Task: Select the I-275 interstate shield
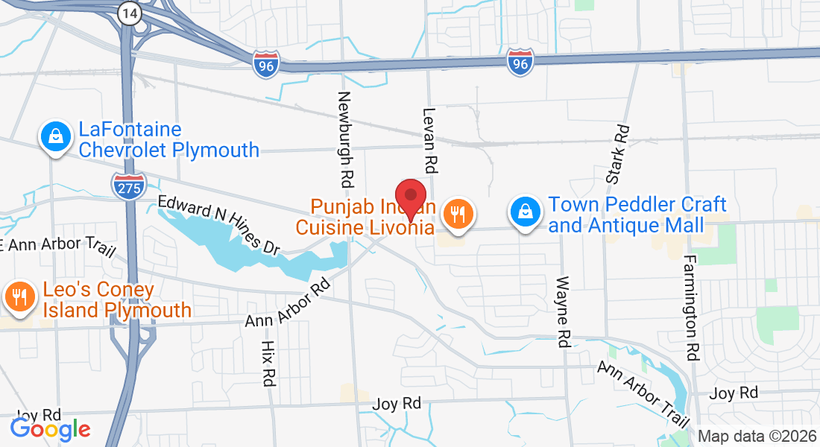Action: click(128, 186)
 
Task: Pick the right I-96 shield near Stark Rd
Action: click(520, 63)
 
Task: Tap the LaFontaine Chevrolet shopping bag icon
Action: click(55, 139)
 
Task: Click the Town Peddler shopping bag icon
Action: click(526, 213)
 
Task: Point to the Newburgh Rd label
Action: click(345, 140)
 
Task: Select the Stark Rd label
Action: click(618, 155)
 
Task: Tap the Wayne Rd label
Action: click(564, 312)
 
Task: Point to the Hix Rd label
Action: click(268, 364)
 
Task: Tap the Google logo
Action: click(50, 429)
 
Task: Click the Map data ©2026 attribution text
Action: click(756, 437)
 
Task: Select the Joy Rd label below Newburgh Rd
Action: click(398, 403)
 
